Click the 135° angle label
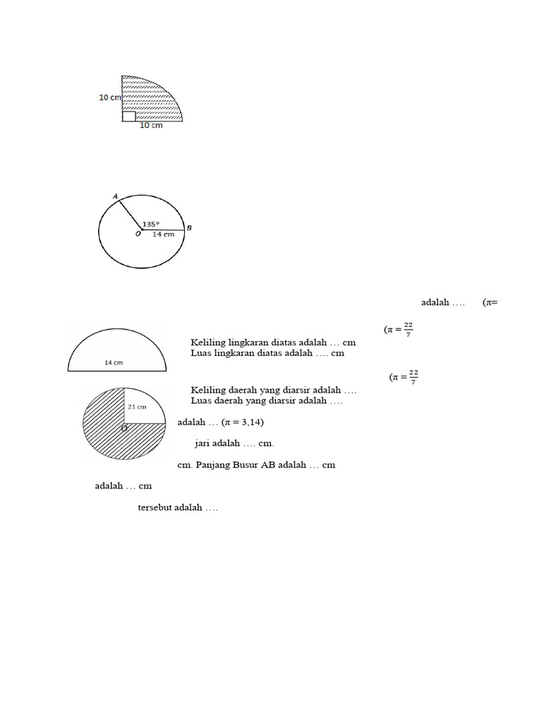pos(150,225)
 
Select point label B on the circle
pos(190,227)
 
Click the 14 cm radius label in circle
pos(163,234)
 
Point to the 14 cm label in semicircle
pos(114,362)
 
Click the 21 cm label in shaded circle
pos(137,407)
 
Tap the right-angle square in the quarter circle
pos(128,116)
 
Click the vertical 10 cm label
pos(109,97)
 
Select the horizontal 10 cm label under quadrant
pos(150,126)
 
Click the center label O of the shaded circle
pos(124,429)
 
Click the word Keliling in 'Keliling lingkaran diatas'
pos(207,342)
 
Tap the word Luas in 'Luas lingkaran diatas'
pos(201,353)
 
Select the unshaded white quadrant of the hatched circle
pos(144,405)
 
